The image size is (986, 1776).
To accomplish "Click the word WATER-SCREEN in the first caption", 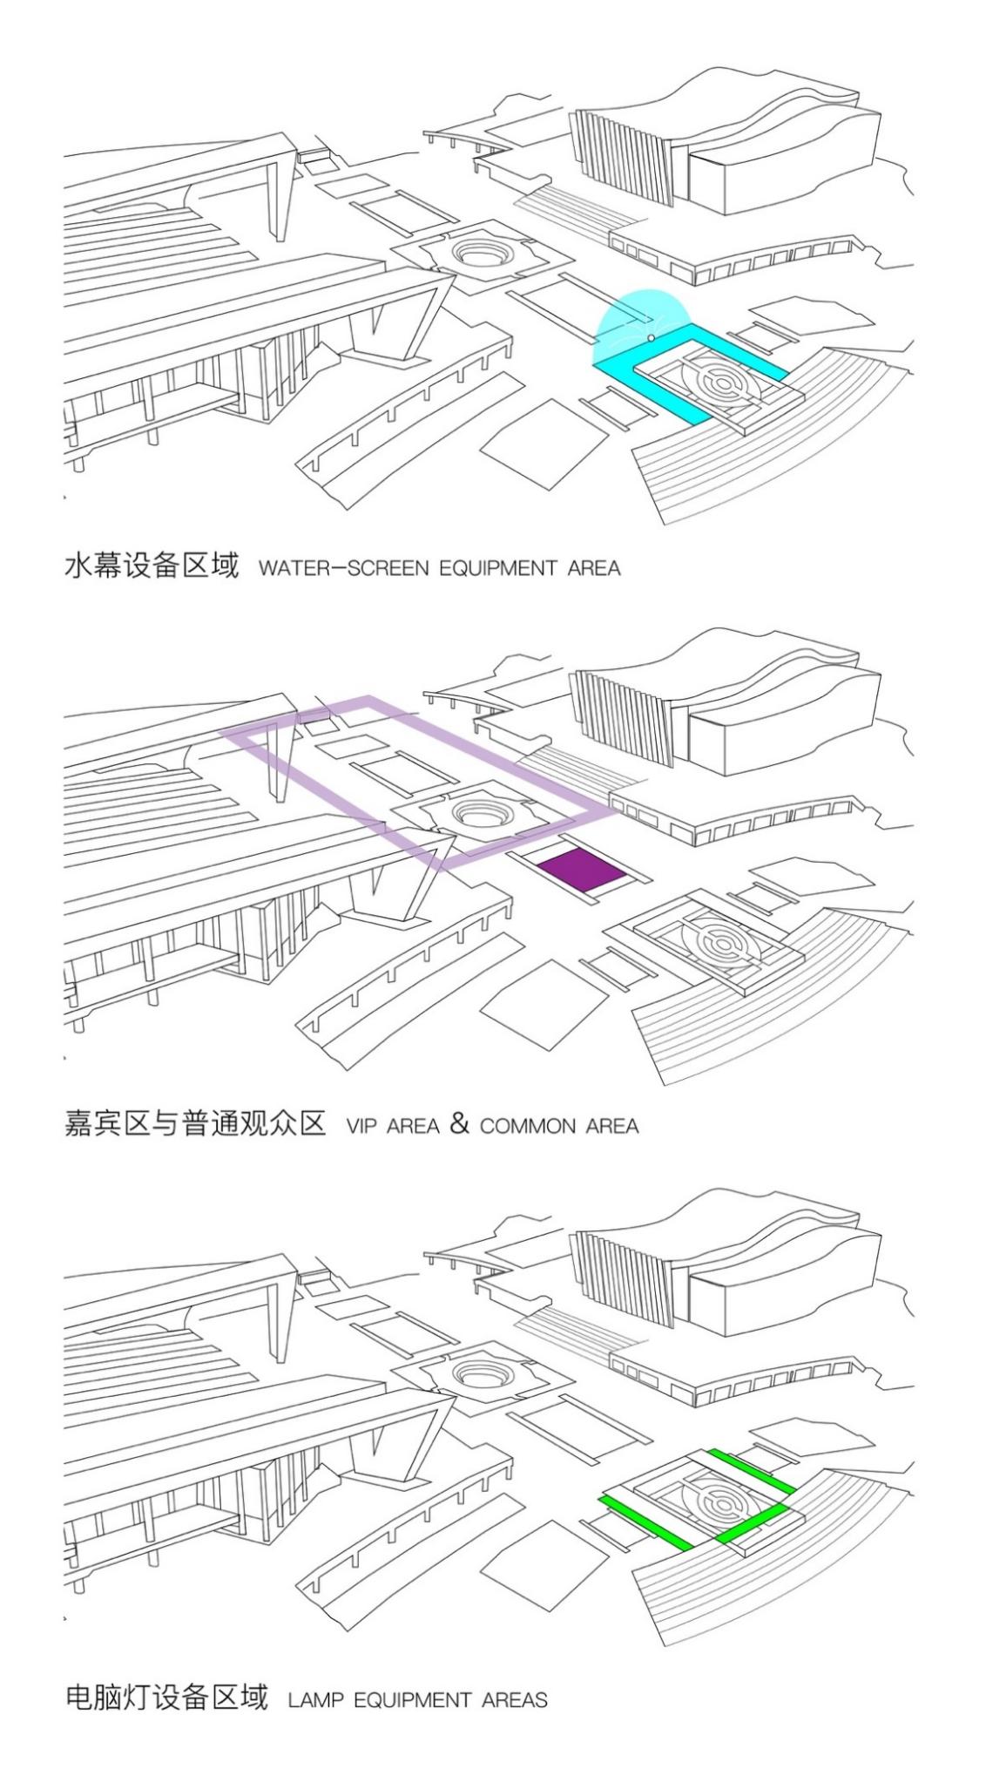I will [343, 569].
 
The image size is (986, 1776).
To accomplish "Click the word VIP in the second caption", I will [361, 1126].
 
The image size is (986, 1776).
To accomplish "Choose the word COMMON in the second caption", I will [528, 1126].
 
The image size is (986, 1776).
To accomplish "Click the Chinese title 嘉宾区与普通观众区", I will [195, 1123].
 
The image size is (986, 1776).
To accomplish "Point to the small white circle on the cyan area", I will [651, 337].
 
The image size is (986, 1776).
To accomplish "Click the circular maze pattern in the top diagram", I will [716, 380].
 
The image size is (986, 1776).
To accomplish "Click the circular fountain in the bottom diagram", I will [476, 1374].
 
